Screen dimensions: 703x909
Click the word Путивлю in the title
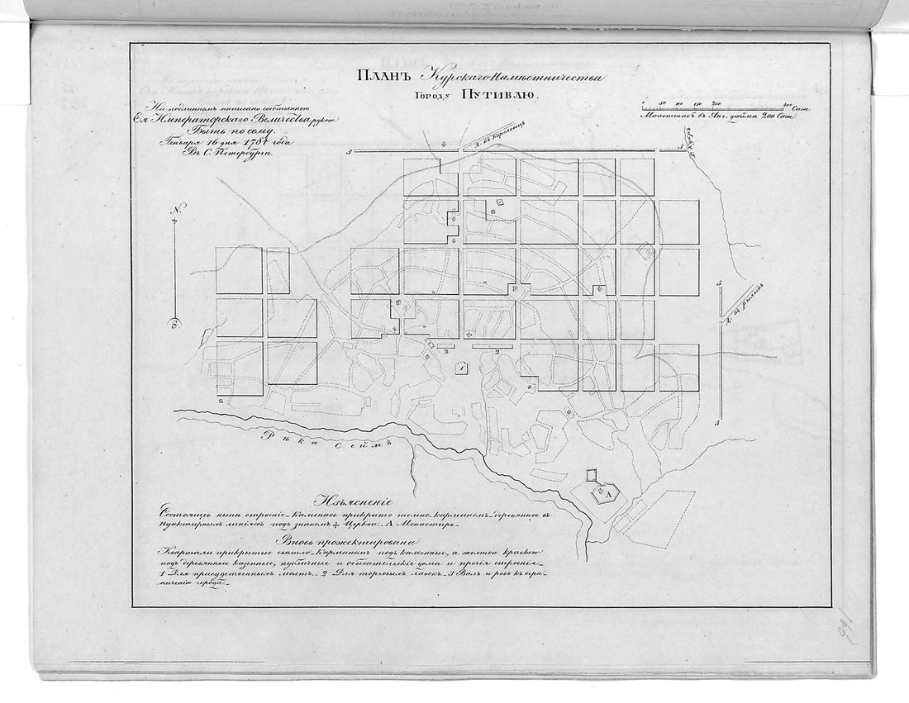(x=510, y=96)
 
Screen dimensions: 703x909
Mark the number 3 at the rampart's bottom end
(x=720, y=422)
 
